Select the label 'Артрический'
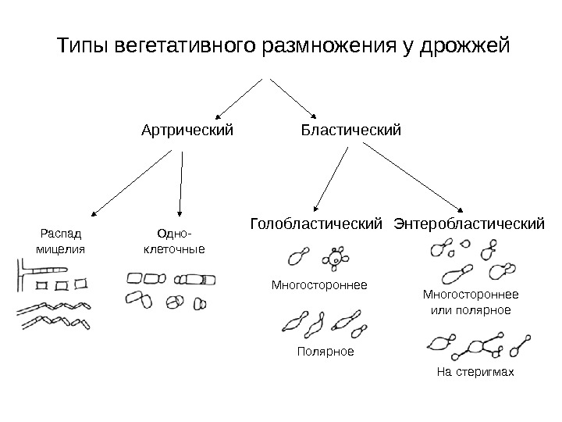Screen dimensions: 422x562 coord(187,127)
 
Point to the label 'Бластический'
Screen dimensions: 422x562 coord(351,127)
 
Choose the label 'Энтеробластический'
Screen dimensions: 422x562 coord(469,225)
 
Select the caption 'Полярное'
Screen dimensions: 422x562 coord(325,352)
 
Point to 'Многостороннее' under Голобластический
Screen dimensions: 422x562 coord(319,285)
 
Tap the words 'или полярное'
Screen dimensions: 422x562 coord(471,310)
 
